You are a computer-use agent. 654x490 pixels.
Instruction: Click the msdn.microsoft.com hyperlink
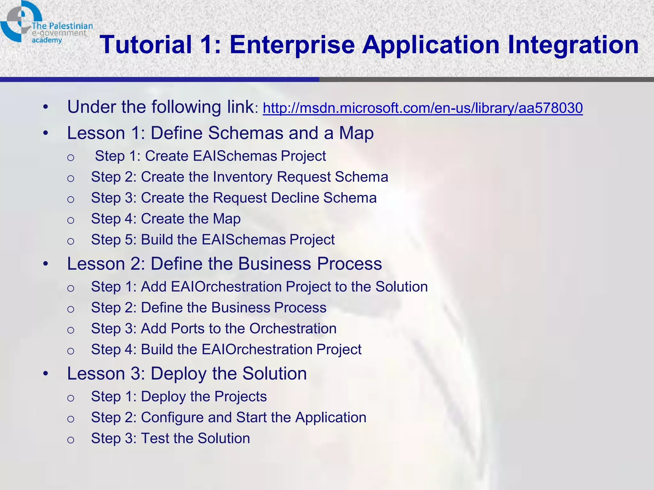pyautogui.click(x=422, y=108)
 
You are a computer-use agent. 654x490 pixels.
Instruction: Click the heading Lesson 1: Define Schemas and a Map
pyautogui.click(x=220, y=133)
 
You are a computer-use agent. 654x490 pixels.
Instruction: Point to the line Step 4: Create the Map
pyautogui.click(x=166, y=219)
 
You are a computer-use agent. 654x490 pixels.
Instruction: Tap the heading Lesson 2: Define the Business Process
pyautogui.click(x=224, y=264)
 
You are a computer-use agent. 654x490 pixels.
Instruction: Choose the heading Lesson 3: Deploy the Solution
pyautogui.click(x=187, y=374)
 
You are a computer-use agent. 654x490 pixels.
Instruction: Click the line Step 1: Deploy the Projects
pyautogui.click(x=179, y=397)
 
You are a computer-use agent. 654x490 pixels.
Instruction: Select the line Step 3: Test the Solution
pyautogui.click(x=170, y=438)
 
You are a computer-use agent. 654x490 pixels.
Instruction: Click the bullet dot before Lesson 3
pyautogui.click(x=46, y=374)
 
